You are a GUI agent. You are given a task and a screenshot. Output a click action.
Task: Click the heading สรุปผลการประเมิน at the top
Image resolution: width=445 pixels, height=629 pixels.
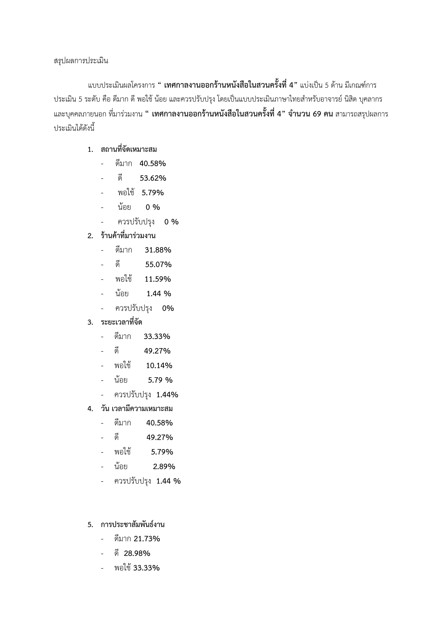pos(81,61)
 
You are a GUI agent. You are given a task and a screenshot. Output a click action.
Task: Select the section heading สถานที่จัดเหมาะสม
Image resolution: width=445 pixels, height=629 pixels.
pos(129,150)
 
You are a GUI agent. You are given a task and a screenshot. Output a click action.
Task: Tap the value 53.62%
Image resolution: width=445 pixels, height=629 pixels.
pos(153,178)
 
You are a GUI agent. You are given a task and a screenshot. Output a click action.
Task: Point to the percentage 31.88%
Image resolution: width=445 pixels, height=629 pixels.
pos(158,250)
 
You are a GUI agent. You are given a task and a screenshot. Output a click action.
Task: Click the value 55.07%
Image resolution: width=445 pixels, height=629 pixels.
pos(158,265)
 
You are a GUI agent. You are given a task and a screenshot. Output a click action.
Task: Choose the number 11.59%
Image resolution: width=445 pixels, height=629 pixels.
pos(158,279)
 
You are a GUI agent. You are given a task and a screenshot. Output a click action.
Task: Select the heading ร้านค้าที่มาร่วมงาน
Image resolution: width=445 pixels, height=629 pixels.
pos(128,236)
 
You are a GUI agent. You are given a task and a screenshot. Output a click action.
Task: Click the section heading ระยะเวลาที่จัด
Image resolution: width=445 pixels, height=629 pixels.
pos(121,322)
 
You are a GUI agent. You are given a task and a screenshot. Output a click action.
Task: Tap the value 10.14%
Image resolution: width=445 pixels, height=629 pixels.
pos(159,366)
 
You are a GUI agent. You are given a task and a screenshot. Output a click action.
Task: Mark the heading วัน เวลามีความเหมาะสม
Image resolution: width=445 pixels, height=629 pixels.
pos(137,409)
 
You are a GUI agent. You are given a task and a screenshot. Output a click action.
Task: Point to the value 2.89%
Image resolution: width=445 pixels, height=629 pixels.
pos(164,467)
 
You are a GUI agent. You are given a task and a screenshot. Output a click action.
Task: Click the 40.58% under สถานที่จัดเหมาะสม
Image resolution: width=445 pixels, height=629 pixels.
pos(153,164)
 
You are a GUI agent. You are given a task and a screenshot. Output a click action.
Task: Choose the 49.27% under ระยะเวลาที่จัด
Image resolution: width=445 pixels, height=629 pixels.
pos(157,351)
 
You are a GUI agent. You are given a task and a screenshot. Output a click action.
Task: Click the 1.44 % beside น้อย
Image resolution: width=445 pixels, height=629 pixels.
pos(159,294)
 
